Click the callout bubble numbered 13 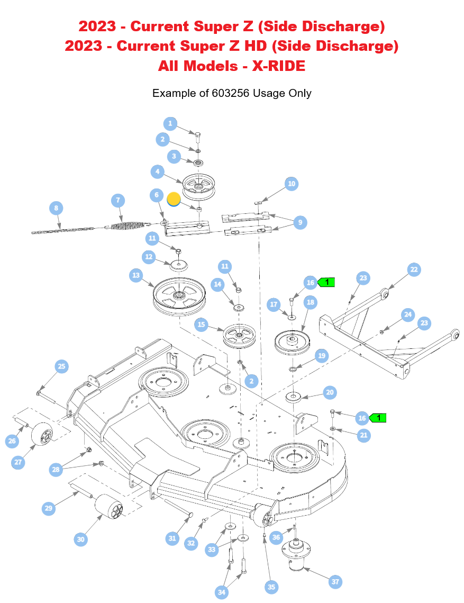click(137, 275)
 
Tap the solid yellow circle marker click(174, 199)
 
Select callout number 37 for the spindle click(335, 582)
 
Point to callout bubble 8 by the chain click(57, 208)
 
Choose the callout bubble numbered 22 click(414, 269)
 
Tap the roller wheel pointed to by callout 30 click(109, 510)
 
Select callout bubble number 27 click(19, 462)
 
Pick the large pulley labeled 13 click(178, 296)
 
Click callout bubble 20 click(330, 392)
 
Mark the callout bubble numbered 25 click(61, 366)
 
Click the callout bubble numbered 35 click(271, 587)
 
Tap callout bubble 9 click(299, 222)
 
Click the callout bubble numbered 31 click(172, 538)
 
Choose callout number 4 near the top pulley click(157, 172)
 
